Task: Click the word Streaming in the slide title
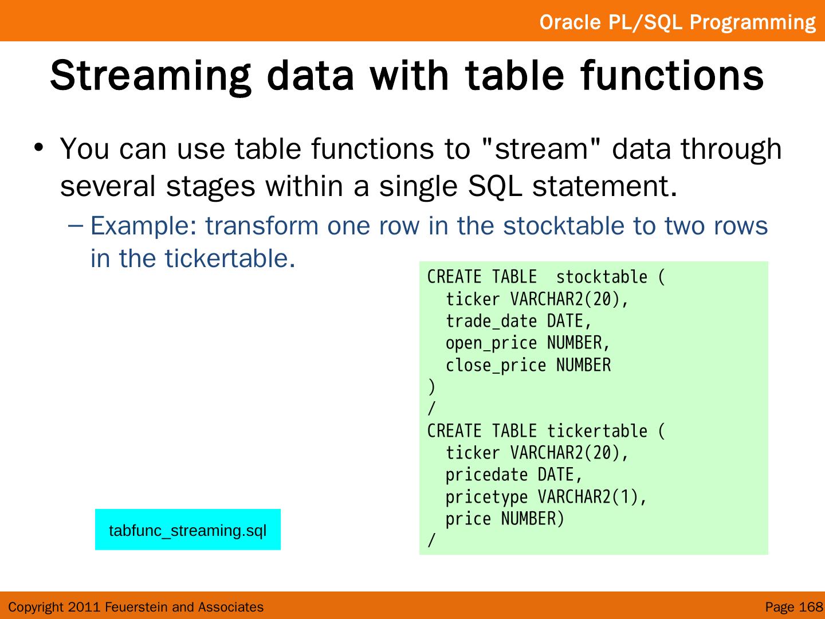coord(150,77)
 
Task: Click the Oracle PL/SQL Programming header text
coord(678,22)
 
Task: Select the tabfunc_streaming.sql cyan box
coord(188,530)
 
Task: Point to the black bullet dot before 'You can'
coord(39,147)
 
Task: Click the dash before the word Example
coord(75,226)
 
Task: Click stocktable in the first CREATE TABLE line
coord(602,277)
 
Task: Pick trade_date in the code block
coord(492,322)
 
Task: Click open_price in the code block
coord(492,343)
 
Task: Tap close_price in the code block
coord(496,365)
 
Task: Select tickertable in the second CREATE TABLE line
coord(597,430)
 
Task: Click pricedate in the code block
coord(487,475)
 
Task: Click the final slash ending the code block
coord(431,540)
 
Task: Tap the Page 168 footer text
coord(794,607)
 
